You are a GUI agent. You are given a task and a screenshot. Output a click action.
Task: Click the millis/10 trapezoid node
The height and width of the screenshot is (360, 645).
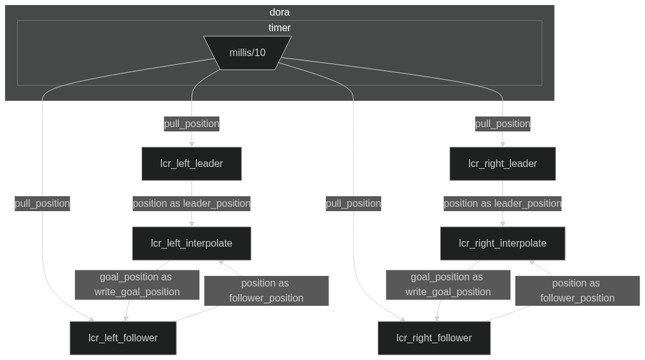click(x=247, y=53)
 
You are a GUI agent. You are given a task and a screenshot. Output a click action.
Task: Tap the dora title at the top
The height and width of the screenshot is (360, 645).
click(x=279, y=12)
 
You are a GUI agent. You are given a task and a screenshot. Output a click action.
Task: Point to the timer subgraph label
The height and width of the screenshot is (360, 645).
click(x=279, y=28)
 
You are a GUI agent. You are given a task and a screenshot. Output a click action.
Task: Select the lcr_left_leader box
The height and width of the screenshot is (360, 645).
click(x=191, y=164)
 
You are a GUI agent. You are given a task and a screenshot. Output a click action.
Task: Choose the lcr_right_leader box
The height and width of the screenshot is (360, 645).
click(x=502, y=164)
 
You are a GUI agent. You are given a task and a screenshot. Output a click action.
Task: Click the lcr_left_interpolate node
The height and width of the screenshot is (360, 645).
click(x=191, y=244)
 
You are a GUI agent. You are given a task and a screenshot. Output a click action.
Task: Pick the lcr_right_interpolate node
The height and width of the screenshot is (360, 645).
click(x=502, y=244)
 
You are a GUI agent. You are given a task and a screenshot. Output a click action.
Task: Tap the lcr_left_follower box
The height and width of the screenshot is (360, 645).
click(x=123, y=338)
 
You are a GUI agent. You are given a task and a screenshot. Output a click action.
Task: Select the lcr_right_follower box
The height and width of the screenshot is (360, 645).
click(x=434, y=338)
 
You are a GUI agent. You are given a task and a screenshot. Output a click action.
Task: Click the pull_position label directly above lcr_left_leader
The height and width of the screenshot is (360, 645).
click(x=191, y=124)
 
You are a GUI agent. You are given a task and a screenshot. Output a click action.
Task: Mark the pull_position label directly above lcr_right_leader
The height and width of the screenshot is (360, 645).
click(x=502, y=124)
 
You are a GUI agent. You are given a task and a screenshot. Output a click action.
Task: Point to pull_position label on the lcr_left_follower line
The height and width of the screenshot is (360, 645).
click(x=42, y=204)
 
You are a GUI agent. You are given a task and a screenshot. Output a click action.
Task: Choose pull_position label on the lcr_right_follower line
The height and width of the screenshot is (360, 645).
click(x=353, y=204)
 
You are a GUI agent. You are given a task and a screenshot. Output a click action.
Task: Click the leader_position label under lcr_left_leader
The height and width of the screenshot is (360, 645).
click(x=191, y=204)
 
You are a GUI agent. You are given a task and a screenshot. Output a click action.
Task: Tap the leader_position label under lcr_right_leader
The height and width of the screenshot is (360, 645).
click(x=502, y=204)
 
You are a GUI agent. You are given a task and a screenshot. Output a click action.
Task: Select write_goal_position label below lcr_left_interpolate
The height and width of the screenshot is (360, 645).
click(x=137, y=285)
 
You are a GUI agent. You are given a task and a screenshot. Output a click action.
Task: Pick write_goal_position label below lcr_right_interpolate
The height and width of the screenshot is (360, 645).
click(x=448, y=285)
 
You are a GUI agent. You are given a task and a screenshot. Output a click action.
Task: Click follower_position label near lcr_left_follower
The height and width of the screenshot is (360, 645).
click(x=266, y=291)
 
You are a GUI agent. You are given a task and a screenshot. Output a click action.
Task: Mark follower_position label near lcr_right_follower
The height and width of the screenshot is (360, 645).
click(x=577, y=291)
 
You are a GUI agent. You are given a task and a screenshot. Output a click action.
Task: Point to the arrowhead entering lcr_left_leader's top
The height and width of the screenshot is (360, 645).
click(x=191, y=144)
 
